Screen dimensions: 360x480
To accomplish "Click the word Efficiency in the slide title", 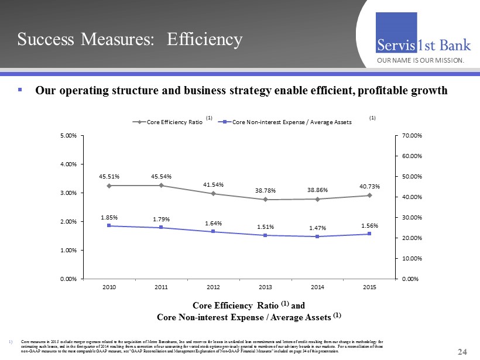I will coord(204,39).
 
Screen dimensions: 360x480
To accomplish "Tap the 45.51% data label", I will coord(109,174).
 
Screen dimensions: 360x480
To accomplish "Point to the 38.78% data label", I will coord(265,190).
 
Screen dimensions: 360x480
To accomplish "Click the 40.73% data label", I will coord(369,186).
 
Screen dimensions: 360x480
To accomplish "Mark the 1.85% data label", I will coord(109,216).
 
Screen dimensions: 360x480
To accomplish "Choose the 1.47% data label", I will coord(317,227).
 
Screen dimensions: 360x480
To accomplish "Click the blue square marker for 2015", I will coord(369,234).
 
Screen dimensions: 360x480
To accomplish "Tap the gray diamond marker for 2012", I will coord(213,194).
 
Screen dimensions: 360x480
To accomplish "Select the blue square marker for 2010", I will coord(109,226).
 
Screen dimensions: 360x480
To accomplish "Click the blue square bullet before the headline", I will coord(20,90).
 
